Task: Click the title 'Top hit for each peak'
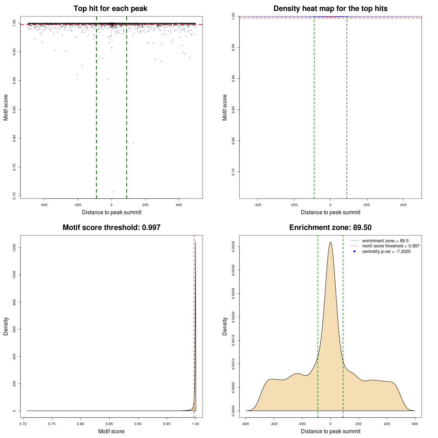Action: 110,9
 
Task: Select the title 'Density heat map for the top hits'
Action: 330,9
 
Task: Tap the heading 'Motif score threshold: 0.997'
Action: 111,228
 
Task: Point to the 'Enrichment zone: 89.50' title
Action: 330,228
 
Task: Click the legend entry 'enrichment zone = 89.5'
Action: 385,241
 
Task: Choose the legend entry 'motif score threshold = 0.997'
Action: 391,246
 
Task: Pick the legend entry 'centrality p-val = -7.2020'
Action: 386,252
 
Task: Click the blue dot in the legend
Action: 355,252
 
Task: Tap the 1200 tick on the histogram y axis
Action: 14,247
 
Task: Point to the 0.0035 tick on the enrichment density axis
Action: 233,247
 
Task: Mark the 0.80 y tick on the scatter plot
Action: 14,138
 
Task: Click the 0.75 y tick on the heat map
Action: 233,172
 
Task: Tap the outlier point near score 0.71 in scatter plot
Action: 113,192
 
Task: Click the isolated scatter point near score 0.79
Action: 133,143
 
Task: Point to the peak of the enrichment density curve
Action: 330,242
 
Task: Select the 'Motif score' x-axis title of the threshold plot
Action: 111,431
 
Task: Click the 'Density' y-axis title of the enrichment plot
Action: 225,326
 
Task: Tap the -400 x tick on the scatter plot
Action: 44,205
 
